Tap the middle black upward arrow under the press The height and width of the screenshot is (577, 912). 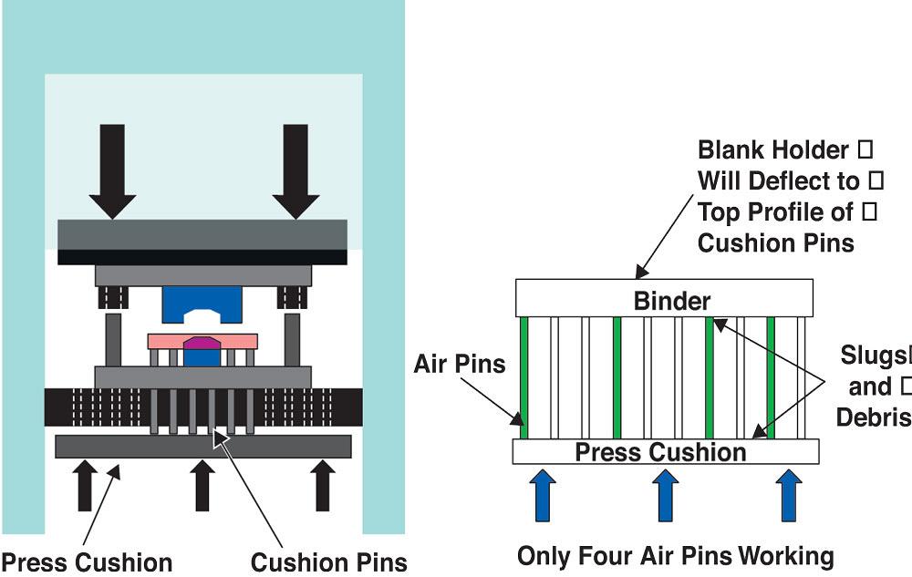[202, 485]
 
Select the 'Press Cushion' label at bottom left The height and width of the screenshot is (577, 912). [87, 562]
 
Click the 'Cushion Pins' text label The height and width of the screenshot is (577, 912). [328, 562]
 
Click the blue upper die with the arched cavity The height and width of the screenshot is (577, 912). [202, 304]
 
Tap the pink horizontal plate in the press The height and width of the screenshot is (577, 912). [202, 340]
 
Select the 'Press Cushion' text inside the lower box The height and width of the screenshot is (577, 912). [660, 451]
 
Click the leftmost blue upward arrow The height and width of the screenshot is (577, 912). [543, 495]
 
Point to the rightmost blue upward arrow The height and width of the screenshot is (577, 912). [788, 495]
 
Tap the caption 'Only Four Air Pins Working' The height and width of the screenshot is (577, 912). [675, 555]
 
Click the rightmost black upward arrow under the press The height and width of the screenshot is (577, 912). [321, 485]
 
